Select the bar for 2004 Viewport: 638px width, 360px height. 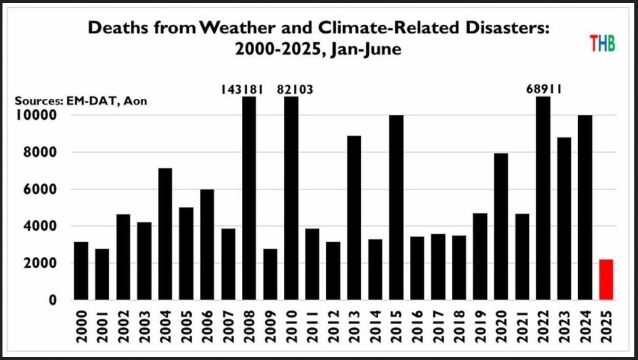(x=165, y=234)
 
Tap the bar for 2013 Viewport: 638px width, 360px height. (x=354, y=218)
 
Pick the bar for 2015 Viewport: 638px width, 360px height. (x=396, y=207)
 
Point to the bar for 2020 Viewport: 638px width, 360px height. (x=501, y=227)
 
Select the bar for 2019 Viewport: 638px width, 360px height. (x=479, y=257)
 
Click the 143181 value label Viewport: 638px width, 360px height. (x=242, y=90)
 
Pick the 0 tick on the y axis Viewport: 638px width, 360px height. (x=53, y=301)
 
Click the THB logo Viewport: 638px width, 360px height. (x=602, y=44)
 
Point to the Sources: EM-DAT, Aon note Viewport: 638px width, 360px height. (x=81, y=101)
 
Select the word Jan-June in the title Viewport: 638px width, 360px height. (x=365, y=49)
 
